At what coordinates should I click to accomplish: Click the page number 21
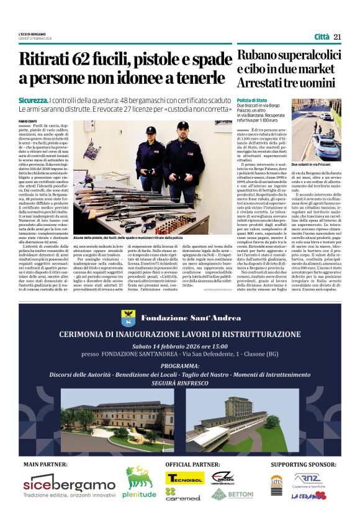point(337,37)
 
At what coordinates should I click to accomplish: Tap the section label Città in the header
point(322,37)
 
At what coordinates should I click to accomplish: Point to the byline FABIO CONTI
point(28,121)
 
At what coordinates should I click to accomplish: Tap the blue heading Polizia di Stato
point(252,100)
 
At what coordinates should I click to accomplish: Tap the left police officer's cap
point(151,130)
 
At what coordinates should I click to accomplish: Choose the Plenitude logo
point(140,482)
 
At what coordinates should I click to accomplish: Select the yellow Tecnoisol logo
point(184,478)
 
